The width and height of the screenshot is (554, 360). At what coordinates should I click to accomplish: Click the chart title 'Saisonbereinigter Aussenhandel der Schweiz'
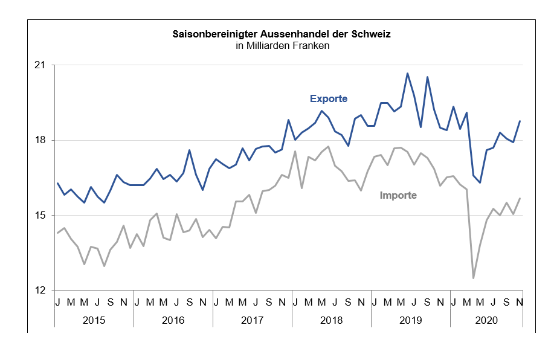click(x=282, y=34)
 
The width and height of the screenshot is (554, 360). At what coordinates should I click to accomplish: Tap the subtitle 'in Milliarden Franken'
click(x=282, y=46)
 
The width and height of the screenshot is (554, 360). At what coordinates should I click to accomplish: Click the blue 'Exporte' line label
click(x=329, y=98)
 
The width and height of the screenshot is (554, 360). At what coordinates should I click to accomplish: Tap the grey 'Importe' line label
click(x=398, y=195)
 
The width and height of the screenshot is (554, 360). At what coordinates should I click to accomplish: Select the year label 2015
click(x=94, y=320)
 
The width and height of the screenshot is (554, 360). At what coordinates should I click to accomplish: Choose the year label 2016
click(x=173, y=320)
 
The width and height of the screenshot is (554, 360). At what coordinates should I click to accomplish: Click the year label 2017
click(x=252, y=320)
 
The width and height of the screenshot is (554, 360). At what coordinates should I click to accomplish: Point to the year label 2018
click(x=331, y=320)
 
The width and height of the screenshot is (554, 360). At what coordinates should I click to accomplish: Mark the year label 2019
click(x=410, y=320)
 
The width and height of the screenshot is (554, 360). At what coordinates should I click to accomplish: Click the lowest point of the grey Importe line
click(x=473, y=278)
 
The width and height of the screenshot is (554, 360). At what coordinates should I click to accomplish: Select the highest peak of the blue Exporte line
click(x=407, y=73)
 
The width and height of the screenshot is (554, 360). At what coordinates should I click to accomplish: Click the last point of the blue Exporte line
click(x=520, y=121)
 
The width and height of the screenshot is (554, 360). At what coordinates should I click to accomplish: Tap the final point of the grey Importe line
click(x=520, y=198)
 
